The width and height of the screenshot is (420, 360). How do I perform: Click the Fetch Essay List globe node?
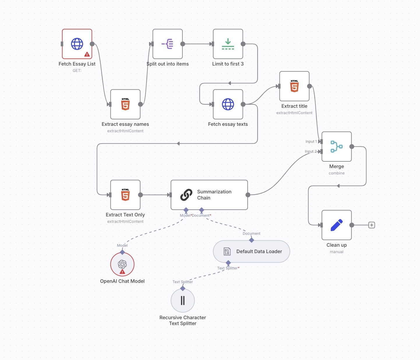[77, 44]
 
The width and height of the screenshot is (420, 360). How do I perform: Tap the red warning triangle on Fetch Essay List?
[87, 54]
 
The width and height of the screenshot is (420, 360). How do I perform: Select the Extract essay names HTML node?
[125, 104]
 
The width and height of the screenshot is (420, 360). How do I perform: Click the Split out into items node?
[167, 44]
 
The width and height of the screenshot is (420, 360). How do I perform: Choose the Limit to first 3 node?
[228, 44]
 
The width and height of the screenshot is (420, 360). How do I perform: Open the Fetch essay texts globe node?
[228, 104]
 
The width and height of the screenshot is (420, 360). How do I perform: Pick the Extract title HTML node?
[294, 86]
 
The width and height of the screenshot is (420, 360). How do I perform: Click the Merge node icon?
[336, 147]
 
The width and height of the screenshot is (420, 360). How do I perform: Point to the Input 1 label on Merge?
[311, 142]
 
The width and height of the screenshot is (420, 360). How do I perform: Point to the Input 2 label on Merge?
[310, 151]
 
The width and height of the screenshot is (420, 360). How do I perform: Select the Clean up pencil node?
[336, 225]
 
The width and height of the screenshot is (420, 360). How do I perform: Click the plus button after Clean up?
[372, 225]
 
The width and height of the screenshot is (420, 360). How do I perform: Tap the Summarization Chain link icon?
[186, 195]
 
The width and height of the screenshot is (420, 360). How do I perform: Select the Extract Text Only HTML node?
[125, 195]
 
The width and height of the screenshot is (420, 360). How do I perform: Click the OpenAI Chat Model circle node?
[122, 264]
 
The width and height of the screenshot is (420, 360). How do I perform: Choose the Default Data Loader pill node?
[252, 252]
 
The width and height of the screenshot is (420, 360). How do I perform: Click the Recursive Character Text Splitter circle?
[183, 300]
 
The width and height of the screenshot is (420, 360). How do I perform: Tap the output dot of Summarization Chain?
[248, 195]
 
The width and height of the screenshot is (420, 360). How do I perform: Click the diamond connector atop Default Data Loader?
[252, 240]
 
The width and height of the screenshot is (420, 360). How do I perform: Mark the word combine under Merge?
[336, 173]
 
